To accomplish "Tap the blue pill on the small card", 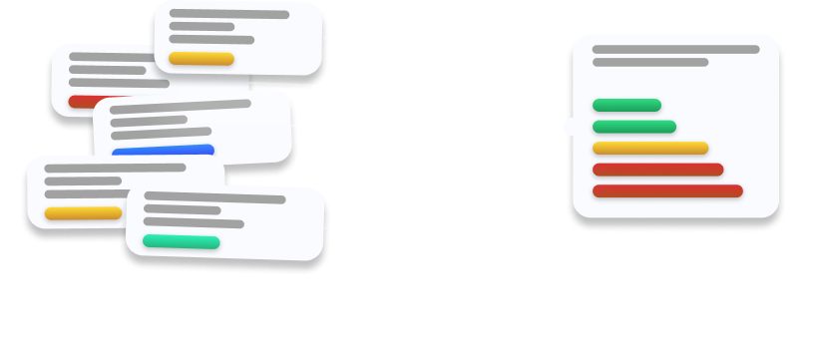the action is coord(163,151).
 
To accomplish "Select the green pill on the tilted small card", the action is coord(181,242).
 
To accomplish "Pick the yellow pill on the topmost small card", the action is coord(201,59).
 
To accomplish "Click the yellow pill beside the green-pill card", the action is coord(82,213).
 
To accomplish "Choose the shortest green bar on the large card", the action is coord(626,105).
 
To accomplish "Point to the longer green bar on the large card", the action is coord(633,127).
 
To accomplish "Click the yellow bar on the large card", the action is coord(649,148).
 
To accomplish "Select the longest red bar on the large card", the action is coord(667,190).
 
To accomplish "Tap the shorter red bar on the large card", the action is coord(657,170).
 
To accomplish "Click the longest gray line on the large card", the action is coord(675,49).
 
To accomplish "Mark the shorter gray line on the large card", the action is coord(650,62).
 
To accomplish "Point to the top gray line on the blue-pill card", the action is coord(180,106).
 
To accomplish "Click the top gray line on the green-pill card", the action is coord(214,198).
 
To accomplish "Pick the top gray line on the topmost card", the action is coord(229,15).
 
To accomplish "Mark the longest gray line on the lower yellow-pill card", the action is coord(115,168).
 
